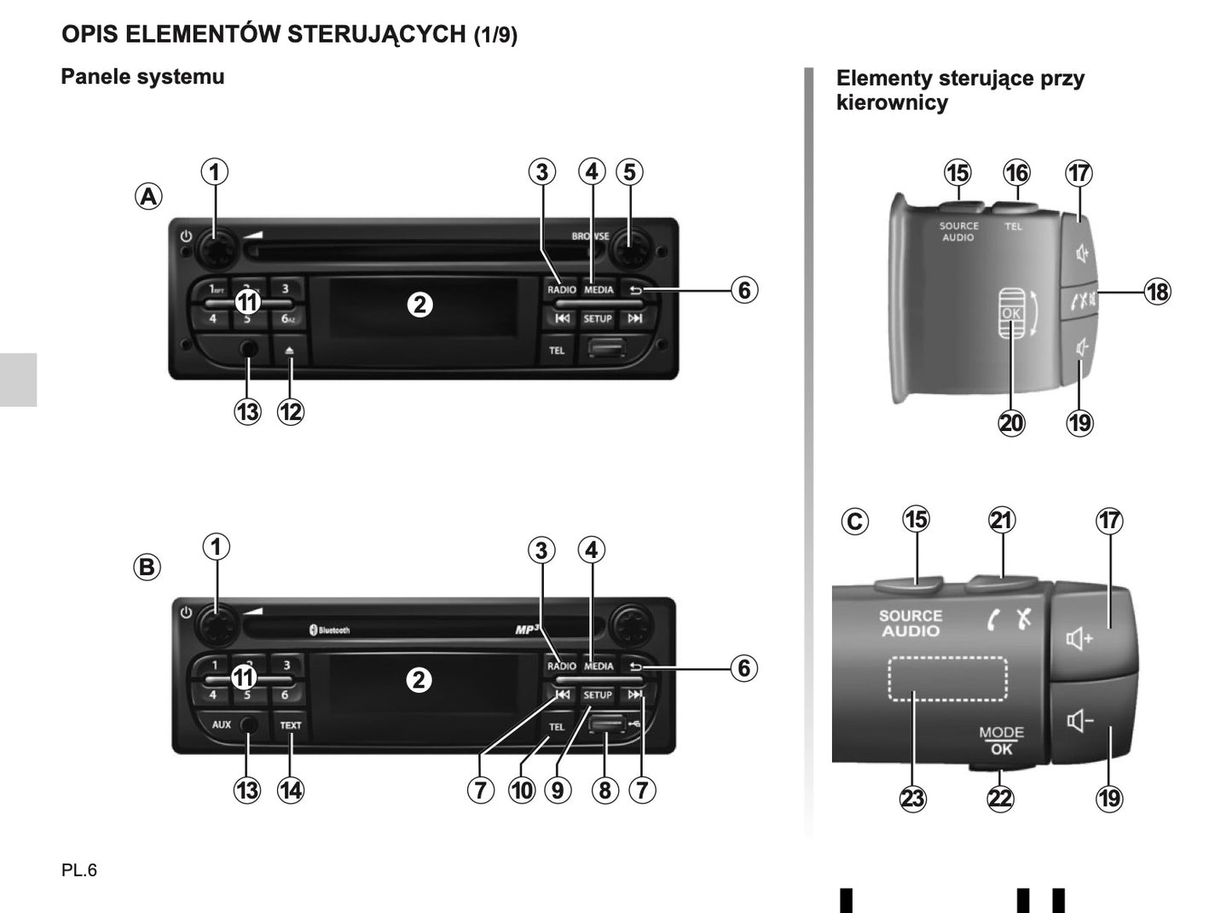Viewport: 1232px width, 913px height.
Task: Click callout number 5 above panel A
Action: pos(629,172)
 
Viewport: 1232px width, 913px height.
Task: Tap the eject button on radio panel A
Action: pos(291,350)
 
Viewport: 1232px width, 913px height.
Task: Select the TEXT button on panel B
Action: pos(291,725)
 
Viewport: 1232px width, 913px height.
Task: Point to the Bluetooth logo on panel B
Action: pos(329,630)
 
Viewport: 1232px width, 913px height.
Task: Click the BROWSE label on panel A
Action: pos(590,236)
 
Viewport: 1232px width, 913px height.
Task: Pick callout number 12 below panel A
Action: pos(291,412)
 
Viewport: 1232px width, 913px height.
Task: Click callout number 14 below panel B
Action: pos(291,791)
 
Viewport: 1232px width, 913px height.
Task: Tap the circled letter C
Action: pos(854,521)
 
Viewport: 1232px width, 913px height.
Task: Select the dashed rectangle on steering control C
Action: pos(947,679)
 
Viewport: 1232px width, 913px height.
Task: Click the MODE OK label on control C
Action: pos(1001,741)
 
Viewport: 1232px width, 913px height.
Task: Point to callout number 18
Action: pos(1157,292)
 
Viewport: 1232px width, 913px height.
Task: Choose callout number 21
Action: pos(1002,520)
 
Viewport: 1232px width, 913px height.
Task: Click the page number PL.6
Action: pos(79,870)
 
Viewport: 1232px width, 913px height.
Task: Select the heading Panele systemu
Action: pos(142,77)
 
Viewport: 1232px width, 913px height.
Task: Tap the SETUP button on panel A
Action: pos(598,318)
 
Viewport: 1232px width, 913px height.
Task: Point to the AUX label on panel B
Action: pos(222,724)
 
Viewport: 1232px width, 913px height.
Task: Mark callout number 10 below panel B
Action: pos(522,791)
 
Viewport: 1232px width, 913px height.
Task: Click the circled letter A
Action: pos(148,197)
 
